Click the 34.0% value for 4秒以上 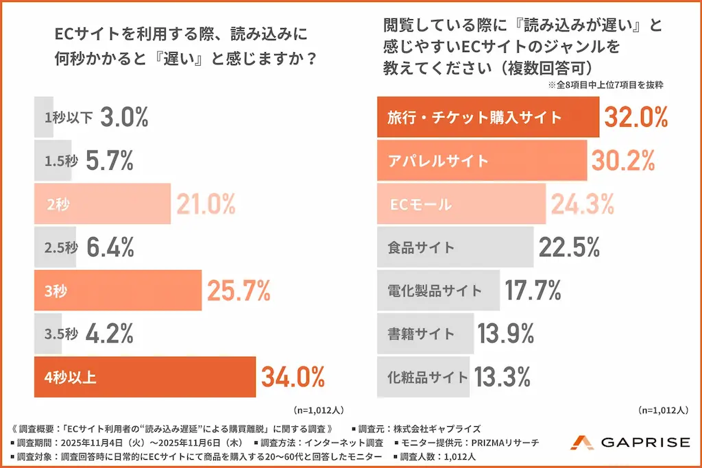tap(292, 377)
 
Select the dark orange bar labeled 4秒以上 tap(144, 377)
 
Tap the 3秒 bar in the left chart tap(117, 291)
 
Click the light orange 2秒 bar tap(101, 204)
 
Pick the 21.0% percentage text tap(206, 204)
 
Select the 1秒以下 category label tap(68, 117)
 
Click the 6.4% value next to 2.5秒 tap(110, 247)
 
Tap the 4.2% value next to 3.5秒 tap(110, 334)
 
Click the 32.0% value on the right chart tap(636, 117)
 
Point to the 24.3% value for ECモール tap(582, 204)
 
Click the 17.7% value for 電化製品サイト tap(533, 290)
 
